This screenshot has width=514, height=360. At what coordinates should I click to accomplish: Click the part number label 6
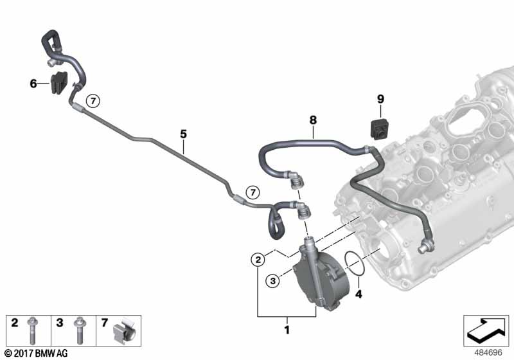(33, 84)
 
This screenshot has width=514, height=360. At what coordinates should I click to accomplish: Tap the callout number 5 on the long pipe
(183, 134)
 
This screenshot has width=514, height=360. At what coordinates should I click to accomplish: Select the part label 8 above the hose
(314, 120)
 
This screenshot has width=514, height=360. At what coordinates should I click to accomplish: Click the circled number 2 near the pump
(257, 260)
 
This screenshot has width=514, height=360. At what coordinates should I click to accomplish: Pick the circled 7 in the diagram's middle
(253, 192)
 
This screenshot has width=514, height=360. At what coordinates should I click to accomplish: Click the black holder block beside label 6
(58, 83)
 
